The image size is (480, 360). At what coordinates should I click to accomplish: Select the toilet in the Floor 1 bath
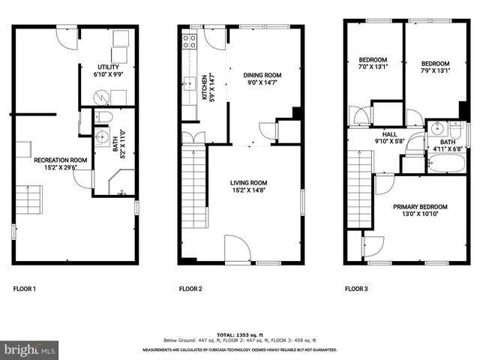click(x=104, y=116)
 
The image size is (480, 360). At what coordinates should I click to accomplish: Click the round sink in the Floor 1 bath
click(x=103, y=138)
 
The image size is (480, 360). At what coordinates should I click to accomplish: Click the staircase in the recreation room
click(x=28, y=200)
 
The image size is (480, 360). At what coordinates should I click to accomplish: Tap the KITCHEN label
click(x=203, y=87)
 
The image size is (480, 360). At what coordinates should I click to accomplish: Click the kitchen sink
click(x=190, y=82)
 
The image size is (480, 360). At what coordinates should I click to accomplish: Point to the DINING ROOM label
click(x=262, y=75)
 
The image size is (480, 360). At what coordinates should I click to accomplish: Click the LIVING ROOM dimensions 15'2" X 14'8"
click(x=248, y=190)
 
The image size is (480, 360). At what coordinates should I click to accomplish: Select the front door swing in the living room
click(x=236, y=247)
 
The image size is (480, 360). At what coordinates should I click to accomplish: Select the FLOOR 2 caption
click(x=190, y=289)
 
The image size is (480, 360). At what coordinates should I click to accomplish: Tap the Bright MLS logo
click(x=30, y=349)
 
